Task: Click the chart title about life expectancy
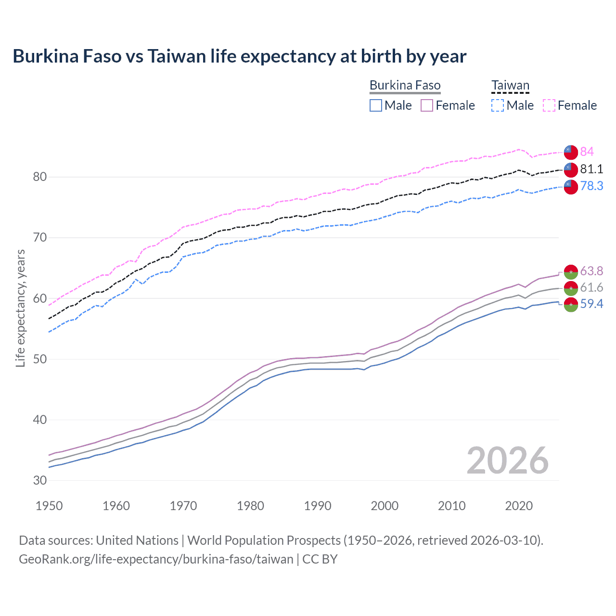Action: point(239,56)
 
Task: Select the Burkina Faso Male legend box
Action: point(376,105)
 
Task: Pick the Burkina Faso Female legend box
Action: point(427,105)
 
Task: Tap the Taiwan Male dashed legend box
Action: point(498,105)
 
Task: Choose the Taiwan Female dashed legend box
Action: point(549,105)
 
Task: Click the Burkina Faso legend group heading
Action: point(405,85)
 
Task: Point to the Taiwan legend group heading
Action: point(510,85)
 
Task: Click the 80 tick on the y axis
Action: point(39,177)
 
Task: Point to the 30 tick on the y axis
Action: point(39,480)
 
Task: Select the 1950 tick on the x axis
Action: point(49,506)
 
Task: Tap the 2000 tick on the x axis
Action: point(385,506)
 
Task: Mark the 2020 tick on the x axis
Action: point(519,506)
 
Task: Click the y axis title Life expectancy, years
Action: point(20,308)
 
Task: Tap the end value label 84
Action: point(587,152)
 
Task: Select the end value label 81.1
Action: point(591,169)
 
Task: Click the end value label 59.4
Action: point(591,304)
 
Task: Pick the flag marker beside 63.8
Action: point(571,271)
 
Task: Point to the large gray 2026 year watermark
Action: point(507,461)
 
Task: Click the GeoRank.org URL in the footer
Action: point(156,559)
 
